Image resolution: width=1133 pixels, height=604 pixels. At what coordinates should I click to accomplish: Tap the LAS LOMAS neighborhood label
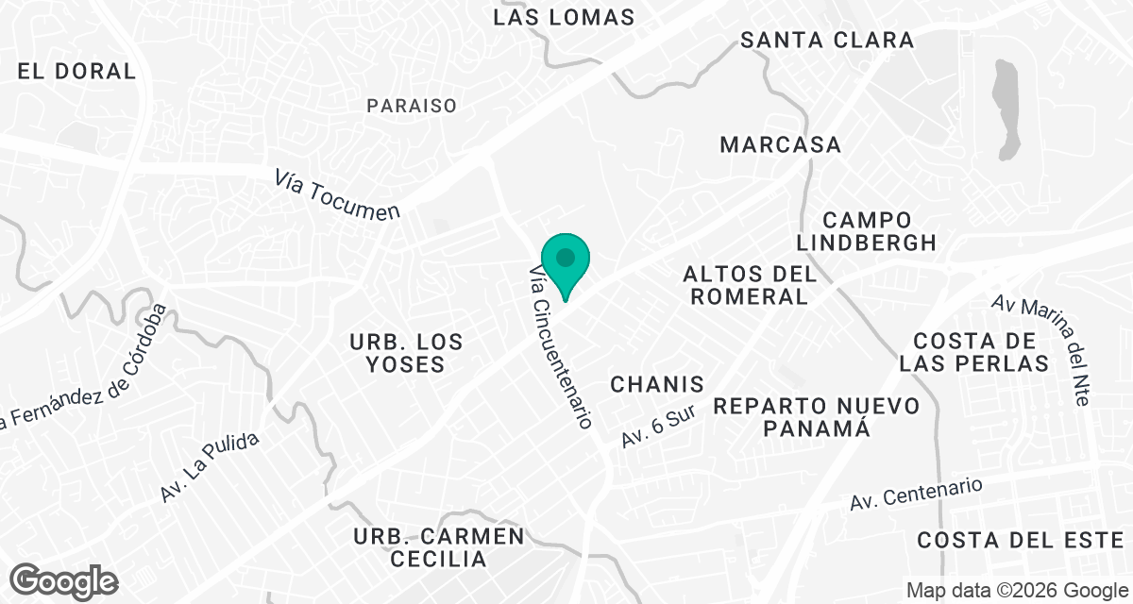click(565, 17)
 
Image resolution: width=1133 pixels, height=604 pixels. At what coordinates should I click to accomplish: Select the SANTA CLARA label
click(827, 40)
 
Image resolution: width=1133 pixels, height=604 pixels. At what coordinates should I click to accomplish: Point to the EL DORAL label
click(76, 71)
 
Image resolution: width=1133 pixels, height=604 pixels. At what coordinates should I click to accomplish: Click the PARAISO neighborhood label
click(412, 106)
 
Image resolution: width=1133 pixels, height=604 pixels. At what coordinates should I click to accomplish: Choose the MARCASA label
click(780, 144)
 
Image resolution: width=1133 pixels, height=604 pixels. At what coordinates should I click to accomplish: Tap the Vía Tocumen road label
click(338, 195)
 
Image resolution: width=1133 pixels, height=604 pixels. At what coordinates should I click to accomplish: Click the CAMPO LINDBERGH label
click(866, 230)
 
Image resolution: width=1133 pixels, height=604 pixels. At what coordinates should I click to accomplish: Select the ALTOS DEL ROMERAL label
click(749, 285)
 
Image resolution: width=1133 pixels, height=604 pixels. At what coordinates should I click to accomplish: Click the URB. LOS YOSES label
click(406, 353)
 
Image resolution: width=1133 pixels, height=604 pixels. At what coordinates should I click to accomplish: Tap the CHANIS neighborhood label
click(657, 384)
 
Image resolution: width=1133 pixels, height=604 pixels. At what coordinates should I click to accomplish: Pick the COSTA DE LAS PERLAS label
click(973, 352)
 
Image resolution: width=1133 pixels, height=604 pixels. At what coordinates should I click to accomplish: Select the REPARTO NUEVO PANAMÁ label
click(816, 416)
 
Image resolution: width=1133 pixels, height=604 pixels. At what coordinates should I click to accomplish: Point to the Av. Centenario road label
click(916, 493)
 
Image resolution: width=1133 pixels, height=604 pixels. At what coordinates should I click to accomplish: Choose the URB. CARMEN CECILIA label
click(438, 547)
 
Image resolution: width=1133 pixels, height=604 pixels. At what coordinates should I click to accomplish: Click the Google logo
click(64, 580)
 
